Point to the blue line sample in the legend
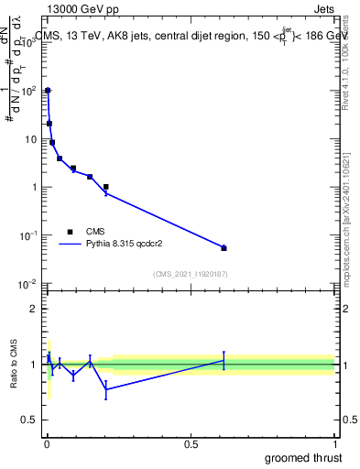[x=70, y=245]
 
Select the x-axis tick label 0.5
[x=191, y=442]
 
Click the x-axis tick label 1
[x=334, y=442]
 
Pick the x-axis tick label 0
[x=47, y=442]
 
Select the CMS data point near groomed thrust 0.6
[x=224, y=248]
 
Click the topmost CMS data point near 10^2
[x=48, y=91]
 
